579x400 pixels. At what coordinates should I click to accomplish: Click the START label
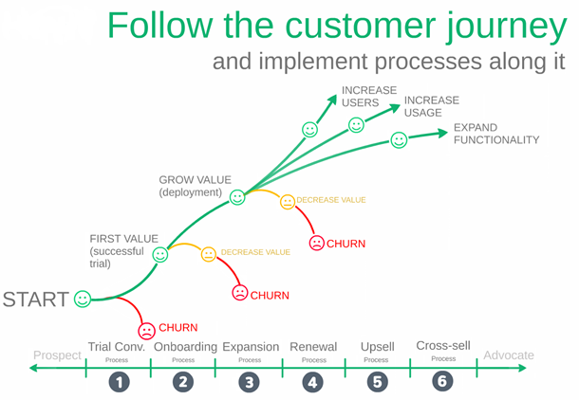point(35,300)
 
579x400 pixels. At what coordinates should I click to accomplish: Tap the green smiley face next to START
point(83,300)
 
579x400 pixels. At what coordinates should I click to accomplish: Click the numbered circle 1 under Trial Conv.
point(119,381)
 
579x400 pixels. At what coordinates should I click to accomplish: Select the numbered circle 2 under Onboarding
point(183,381)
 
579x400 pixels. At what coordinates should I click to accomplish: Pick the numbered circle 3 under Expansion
point(250,381)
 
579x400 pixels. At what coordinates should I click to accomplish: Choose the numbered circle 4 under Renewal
point(313,381)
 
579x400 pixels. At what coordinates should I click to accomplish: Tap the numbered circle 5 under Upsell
point(377,381)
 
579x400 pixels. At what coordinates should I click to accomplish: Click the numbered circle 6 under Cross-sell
point(442,381)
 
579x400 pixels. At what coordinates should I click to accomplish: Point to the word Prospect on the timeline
point(57,355)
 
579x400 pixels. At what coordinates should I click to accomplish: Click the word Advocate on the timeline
point(508,355)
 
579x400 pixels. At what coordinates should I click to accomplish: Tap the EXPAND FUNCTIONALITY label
point(496,134)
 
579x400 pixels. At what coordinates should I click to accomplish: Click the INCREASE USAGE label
point(432,106)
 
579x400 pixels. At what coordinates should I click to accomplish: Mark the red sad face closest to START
point(146,332)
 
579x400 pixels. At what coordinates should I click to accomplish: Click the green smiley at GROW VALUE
point(237,198)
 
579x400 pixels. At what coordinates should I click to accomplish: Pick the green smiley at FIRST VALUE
point(160,254)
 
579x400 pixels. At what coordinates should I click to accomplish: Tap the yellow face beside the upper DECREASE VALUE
point(287,201)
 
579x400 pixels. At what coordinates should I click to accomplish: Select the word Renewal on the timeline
point(313,347)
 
